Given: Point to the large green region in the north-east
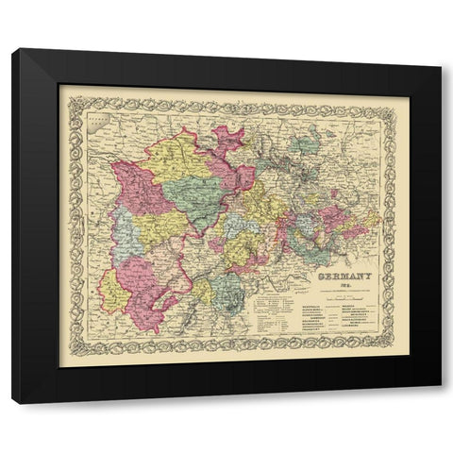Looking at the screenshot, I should coord(307,147).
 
